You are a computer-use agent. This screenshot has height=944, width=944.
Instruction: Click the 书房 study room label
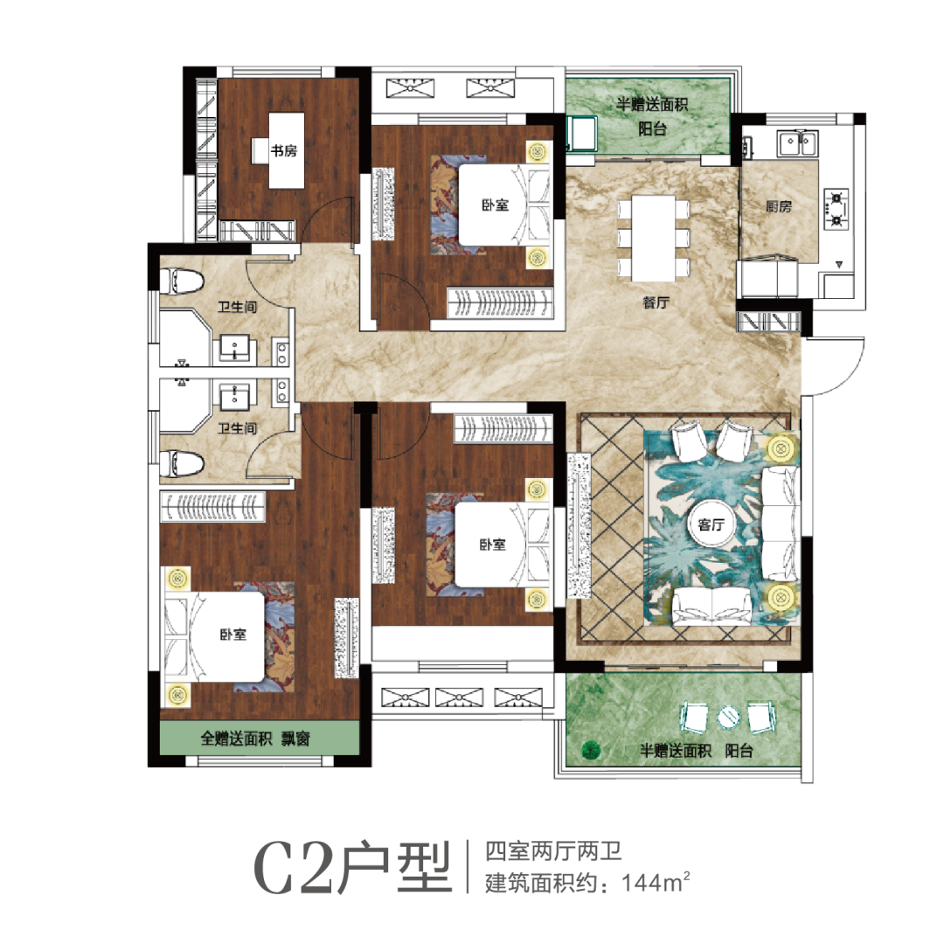(283, 150)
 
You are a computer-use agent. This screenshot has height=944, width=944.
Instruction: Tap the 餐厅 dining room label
(656, 302)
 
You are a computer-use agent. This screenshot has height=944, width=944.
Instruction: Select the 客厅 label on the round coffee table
(711, 525)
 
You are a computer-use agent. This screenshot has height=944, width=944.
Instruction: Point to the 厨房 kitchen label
(779, 206)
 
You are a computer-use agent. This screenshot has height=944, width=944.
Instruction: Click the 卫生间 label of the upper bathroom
(237, 307)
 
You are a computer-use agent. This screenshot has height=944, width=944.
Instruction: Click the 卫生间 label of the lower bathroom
(237, 428)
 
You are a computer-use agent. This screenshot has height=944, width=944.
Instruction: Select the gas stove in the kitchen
(836, 209)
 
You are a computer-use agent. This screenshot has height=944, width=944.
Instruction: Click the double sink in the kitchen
(797, 144)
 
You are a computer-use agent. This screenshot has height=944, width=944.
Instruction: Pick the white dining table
(653, 239)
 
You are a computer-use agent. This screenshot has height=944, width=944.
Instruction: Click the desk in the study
(286, 150)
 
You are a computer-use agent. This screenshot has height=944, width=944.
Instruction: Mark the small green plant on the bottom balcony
(591, 750)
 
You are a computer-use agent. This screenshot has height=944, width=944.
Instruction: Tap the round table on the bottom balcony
(728, 717)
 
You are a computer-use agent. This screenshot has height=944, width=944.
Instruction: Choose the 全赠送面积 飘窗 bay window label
(255, 739)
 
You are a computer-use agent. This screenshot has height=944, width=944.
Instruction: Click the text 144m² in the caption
(656, 883)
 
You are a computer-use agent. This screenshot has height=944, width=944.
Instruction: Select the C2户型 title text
(352, 868)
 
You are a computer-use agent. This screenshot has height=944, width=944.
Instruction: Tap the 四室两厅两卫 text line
(553, 852)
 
